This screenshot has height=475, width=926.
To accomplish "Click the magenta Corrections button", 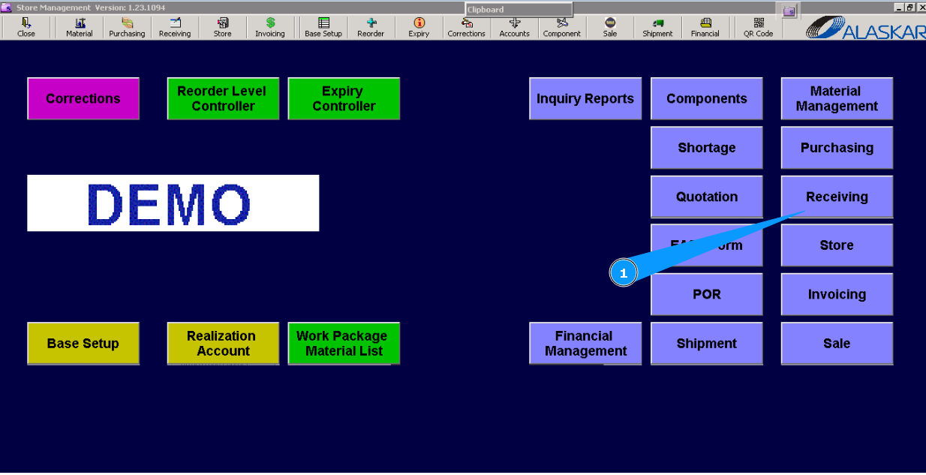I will [x=83, y=98].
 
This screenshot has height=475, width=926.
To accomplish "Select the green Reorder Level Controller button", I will [x=223, y=98].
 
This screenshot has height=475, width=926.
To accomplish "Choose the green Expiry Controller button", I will [x=344, y=98].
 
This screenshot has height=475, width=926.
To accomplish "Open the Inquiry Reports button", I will [x=585, y=98].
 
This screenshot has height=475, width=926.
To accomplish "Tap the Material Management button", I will [x=837, y=98].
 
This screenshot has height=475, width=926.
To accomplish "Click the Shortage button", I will [x=707, y=148].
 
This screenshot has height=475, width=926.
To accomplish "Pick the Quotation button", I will [x=707, y=197].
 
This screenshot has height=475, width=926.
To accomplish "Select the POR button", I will [x=707, y=294].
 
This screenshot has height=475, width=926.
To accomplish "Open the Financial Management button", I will [x=585, y=344].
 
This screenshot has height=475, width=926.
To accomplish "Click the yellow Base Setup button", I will [x=83, y=344].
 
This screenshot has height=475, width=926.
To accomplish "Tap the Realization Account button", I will [x=223, y=344].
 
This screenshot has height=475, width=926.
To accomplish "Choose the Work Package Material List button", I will [x=344, y=344].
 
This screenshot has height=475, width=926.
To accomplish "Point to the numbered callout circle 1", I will [x=623, y=274].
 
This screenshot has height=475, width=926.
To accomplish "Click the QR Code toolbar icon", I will [x=759, y=27].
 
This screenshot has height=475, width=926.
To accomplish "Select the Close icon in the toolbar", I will [x=26, y=27].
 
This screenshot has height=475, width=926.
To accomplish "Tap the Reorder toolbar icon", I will [x=371, y=27].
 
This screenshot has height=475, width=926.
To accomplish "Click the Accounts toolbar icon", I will [x=514, y=27].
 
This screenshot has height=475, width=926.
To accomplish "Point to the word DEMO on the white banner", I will [x=170, y=203].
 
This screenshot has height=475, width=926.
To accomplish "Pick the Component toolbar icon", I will [x=562, y=27].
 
